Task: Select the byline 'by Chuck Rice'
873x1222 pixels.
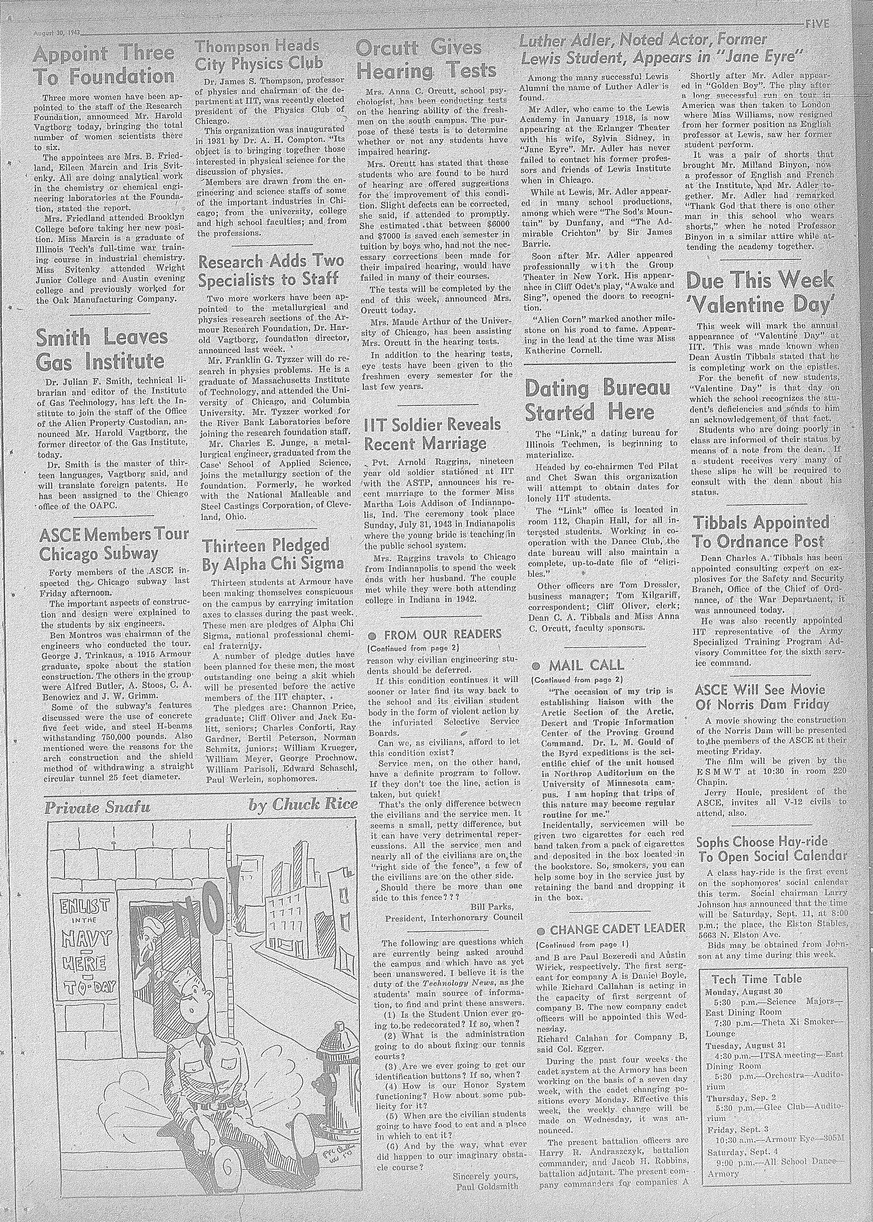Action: (x=303, y=805)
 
